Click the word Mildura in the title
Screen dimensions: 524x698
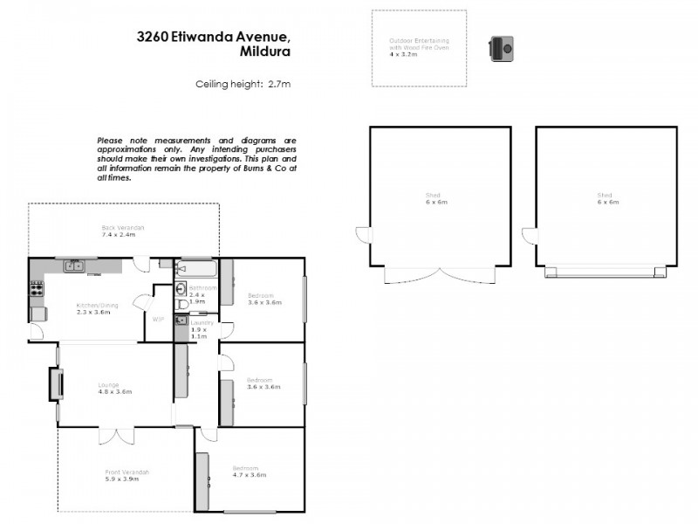tap(264, 52)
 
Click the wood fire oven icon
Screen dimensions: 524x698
tap(501, 49)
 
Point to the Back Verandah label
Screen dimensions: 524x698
tap(122, 231)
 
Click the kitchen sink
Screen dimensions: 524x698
tap(73, 265)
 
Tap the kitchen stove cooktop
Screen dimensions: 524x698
tap(37, 289)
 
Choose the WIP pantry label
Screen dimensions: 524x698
tap(158, 320)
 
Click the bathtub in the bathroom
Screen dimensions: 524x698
tap(195, 268)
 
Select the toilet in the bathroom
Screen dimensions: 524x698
tap(181, 291)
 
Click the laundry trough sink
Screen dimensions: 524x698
tap(180, 321)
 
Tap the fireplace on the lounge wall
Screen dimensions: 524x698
tap(54, 383)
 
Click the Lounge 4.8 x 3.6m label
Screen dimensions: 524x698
tap(114, 389)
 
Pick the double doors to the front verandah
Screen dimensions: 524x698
tap(115, 435)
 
